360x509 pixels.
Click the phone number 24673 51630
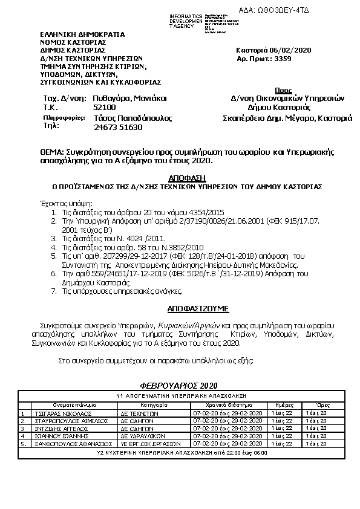click(x=119, y=128)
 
